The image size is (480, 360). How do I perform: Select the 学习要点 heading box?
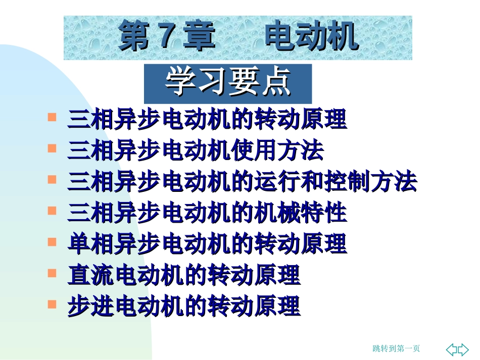(228, 83)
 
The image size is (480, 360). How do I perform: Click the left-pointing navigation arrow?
(453, 349)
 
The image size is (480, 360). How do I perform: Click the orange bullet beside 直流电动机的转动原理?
(52, 273)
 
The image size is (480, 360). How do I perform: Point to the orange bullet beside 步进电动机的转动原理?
(52, 304)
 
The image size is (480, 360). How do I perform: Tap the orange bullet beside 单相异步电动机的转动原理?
(52, 242)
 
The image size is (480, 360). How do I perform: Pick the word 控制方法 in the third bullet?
(370, 182)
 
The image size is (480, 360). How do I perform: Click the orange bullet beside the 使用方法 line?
(52, 148)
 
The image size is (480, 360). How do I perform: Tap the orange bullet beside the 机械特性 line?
(52, 211)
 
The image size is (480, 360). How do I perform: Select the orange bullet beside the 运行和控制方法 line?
(52, 179)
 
